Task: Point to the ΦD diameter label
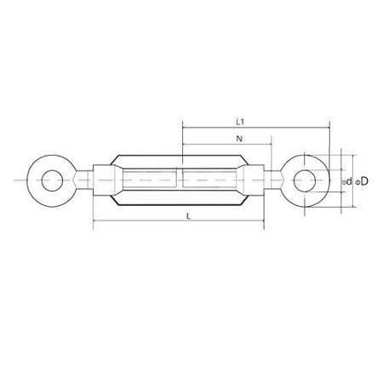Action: click(362, 181)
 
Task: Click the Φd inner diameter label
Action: click(346, 181)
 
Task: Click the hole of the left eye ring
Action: click(54, 180)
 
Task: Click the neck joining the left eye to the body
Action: click(83, 180)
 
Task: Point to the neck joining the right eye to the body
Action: click(277, 180)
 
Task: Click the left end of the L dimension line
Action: click(93, 225)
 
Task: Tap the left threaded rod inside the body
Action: click(149, 180)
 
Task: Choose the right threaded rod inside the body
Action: click(211, 180)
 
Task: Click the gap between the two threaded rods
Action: click(180, 180)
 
